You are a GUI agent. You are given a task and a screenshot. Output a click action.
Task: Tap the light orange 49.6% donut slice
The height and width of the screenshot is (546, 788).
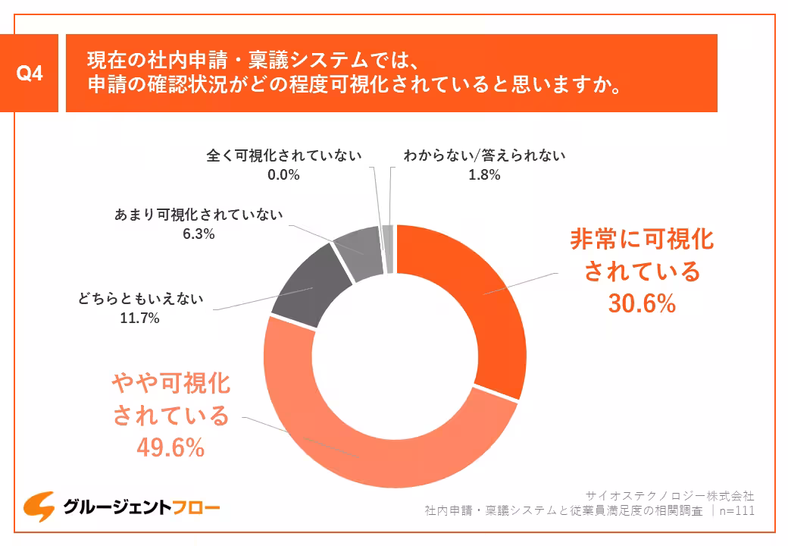pos(364,447)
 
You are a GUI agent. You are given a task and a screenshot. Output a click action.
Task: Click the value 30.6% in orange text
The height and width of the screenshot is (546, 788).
pos(642,304)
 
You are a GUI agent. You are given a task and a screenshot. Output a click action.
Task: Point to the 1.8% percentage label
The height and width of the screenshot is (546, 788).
pos(484,174)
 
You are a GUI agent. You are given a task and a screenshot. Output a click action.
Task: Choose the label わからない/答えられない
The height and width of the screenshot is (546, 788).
pos(484,155)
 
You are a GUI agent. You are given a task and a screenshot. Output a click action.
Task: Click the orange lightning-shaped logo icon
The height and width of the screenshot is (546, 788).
pos(38,506)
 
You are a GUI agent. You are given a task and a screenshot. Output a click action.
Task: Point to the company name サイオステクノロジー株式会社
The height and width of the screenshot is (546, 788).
pos(671,495)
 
